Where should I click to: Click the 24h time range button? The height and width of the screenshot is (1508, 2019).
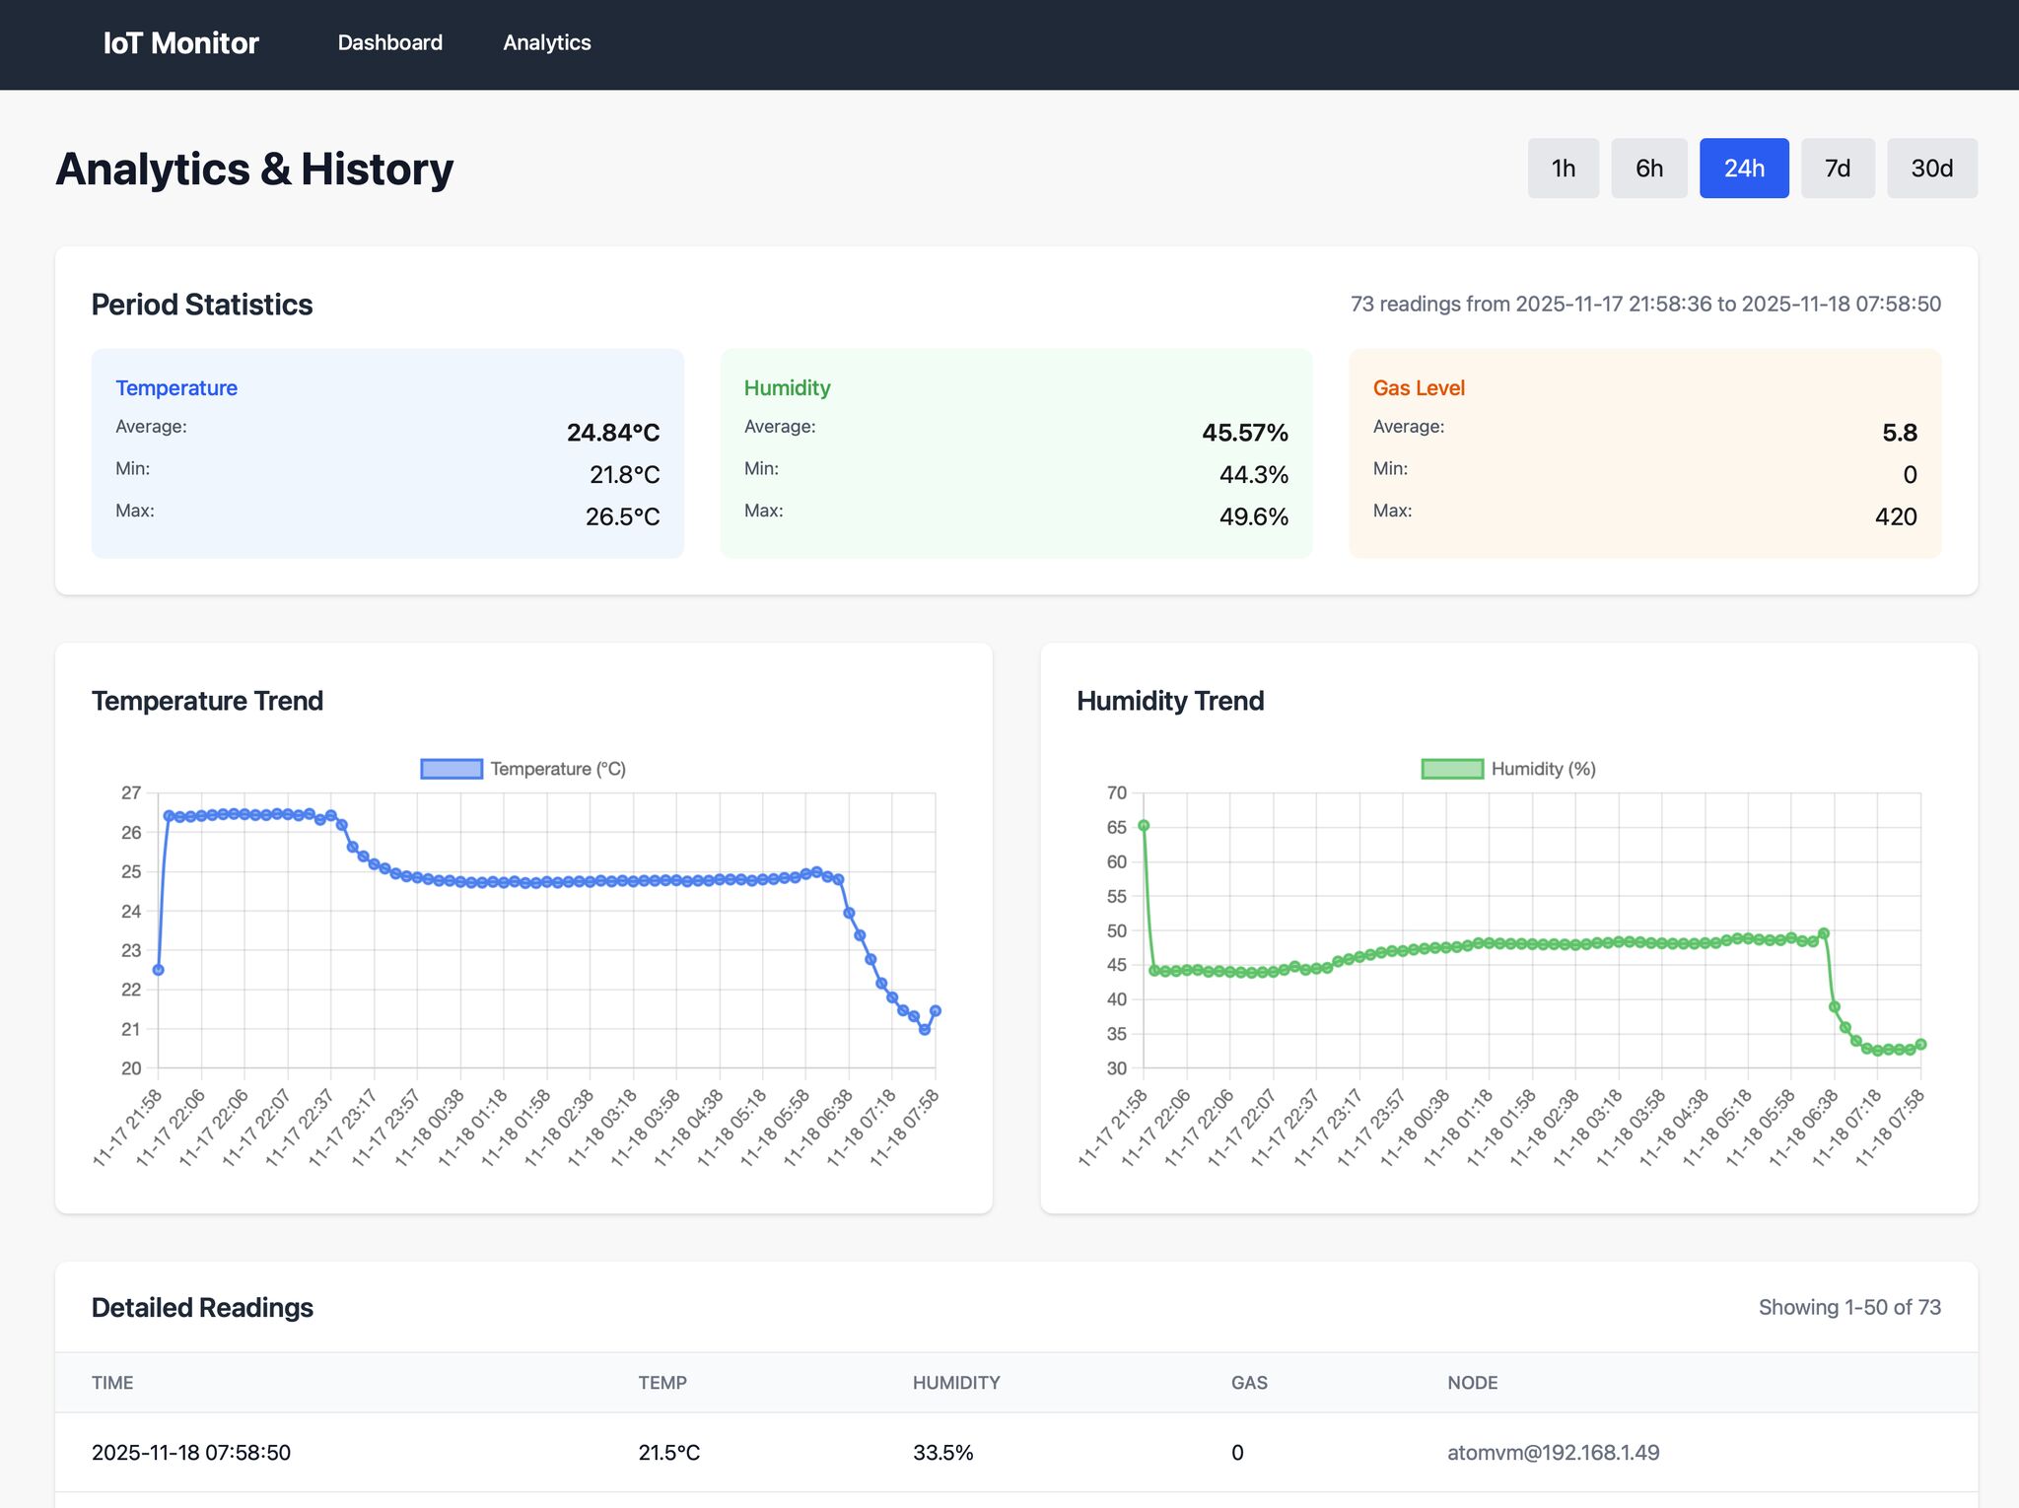pyautogui.click(x=1743, y=169)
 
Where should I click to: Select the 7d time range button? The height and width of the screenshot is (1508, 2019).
pyautogui.click(x=1837, y=169)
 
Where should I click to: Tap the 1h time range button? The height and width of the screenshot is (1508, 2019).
pyautogui.click(x=1563, y=169)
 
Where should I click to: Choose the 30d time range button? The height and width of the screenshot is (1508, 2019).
pyautogui.click(x=1931, y=169)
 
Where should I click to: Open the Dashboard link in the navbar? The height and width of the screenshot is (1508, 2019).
pyautogui.click(x=389, y=42)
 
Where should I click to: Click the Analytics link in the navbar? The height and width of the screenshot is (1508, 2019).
pyautogui.click(x=546, y=42)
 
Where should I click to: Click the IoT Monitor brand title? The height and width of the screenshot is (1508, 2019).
pyautogui.click(x=180, y=43)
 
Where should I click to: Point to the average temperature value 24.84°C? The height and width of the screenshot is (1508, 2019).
pyautogui.click(x=612, y=433)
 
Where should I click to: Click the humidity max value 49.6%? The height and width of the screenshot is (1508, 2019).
pyautogui.click(x=1253, y=516)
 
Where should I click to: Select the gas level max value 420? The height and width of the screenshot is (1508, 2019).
pyautogui.click(x=1895, y=516)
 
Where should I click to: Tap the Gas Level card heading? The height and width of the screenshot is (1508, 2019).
pyautogui.click(x=1418, y=387)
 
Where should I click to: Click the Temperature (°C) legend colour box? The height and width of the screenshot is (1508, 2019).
pyautogui.click(x=452, y=769)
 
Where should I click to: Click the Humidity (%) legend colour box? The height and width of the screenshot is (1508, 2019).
pyautogui.click(x=1452, y=769)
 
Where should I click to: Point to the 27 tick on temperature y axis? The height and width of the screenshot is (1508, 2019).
pyautogui.click(x=131, y=792)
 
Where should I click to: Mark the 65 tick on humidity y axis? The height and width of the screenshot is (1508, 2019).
pyautogui.click(x=1116, y=827)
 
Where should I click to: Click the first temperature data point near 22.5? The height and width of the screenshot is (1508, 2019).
pyautogui.click(x=158, y=970)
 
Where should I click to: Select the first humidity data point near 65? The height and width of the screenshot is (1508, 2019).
pyautogui.click(x=1144, y=826)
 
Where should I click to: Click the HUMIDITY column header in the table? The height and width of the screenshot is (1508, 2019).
pyautogui.click(x=955, y=1383)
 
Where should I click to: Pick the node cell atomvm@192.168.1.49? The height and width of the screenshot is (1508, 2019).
pyautogui.click(x=1553, y=1452)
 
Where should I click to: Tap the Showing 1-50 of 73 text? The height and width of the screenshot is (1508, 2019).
pyautogui.click(x=1849, y=1307)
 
